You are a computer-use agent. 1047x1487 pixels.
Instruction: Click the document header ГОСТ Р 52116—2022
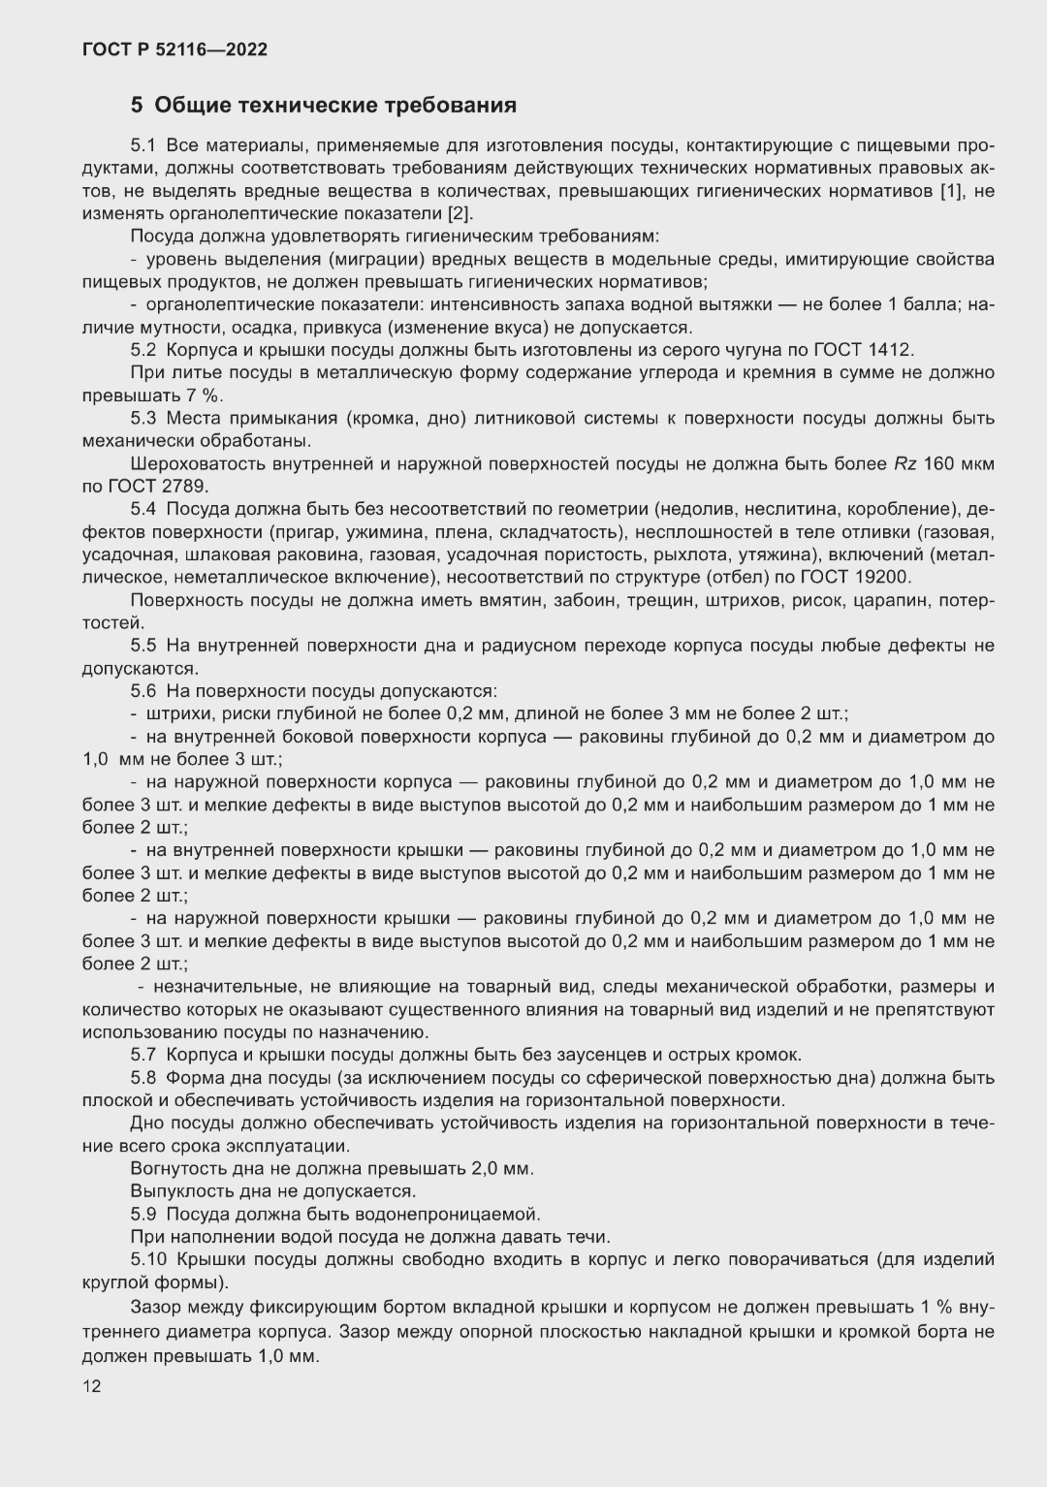(x=174, y=49)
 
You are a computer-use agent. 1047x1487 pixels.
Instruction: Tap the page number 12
(x=91, y=1386)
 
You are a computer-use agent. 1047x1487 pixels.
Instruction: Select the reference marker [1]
(x=952, y=191)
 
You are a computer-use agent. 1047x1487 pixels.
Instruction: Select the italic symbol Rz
(x=903, y=463)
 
